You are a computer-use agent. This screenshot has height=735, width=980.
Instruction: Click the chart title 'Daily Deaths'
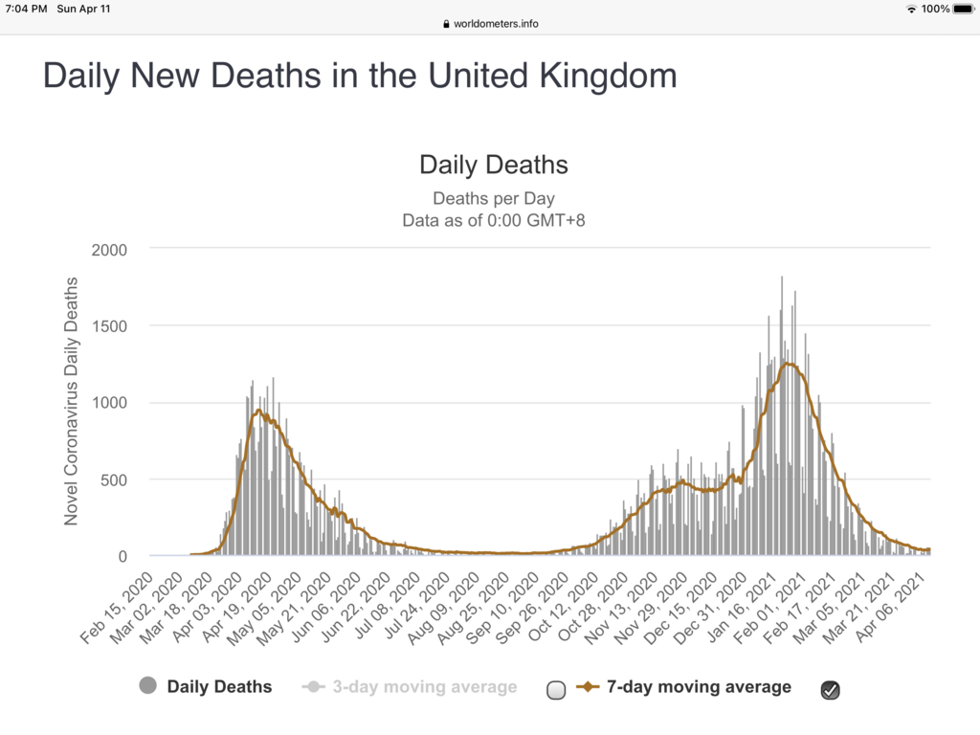pyautogui.click(x=493, y=165)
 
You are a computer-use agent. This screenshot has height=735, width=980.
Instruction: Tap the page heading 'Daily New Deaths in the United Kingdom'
pyautogui.click(x=360, y=76)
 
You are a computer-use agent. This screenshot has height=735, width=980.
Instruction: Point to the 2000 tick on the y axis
pyautogui.click(x=110, y=249)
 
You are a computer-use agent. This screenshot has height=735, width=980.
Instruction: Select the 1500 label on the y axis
pyautogui.click(x=110, y=325)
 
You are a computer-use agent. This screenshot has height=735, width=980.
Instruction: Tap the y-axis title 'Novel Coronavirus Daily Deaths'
pyautogui.click(x=71, y=401)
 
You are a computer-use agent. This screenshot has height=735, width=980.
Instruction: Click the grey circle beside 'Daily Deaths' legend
pyautogui.click(x=148, y=686)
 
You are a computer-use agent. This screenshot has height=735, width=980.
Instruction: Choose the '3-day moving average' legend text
pyautogui.click(x=424, y=687)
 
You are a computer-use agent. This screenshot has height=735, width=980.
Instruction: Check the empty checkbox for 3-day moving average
pyautogui.click(x=557, y=690)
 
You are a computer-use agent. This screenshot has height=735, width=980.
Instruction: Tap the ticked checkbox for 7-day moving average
pyautogui.click(x=830, y=690)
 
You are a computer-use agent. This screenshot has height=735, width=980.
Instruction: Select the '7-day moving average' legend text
pyautogui.click(x=700, y=686)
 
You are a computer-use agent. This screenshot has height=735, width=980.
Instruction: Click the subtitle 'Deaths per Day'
pyautogui.click(x=493, y=199)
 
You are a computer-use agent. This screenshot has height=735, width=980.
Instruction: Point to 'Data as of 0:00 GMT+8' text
pyautogui.click(x=493, y=220)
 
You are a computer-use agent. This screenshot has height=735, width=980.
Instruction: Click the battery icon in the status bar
pyautogui.click(x=963, y=9)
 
